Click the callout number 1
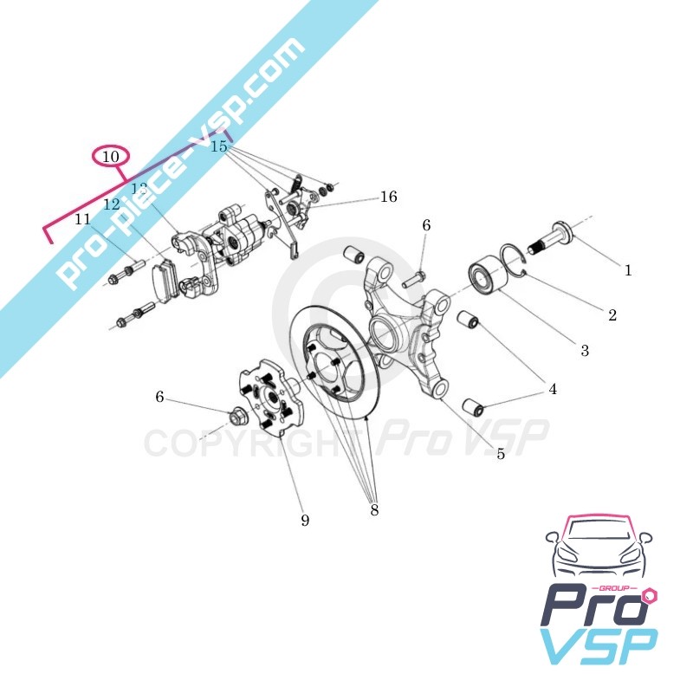[x=628, y=270]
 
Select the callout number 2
[x=612, y=315]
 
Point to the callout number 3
[x=585, y=350]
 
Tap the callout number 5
[x=501, y=453]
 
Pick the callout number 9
[x=305, y=521]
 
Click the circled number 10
[x=110, y=157]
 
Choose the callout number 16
[x=388, y=198]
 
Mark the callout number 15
[x=219, y=147]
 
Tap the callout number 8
[x=374, y=510]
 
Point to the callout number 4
[x=552, y=390]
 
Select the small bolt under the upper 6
[x=412, y=277]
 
